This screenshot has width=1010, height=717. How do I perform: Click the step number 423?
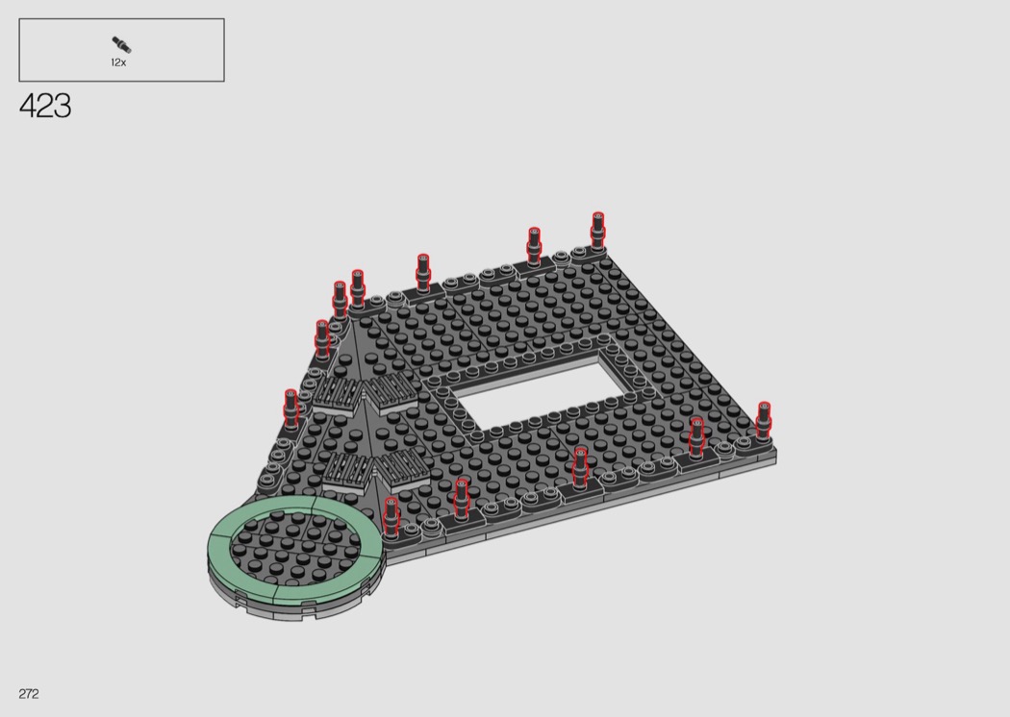pos(45,106)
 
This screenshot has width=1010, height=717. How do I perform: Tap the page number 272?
pos(29,693)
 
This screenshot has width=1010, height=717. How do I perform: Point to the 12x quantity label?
pos(118,62)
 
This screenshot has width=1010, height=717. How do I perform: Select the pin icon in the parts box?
pos(121,45)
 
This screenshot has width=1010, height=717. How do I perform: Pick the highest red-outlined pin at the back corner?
pos(597,230)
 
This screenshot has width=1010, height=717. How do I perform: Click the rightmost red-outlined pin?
pos(764,420)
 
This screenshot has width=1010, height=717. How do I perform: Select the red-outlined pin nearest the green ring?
pos(391,515)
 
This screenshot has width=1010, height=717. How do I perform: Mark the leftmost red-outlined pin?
pos(290,408)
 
